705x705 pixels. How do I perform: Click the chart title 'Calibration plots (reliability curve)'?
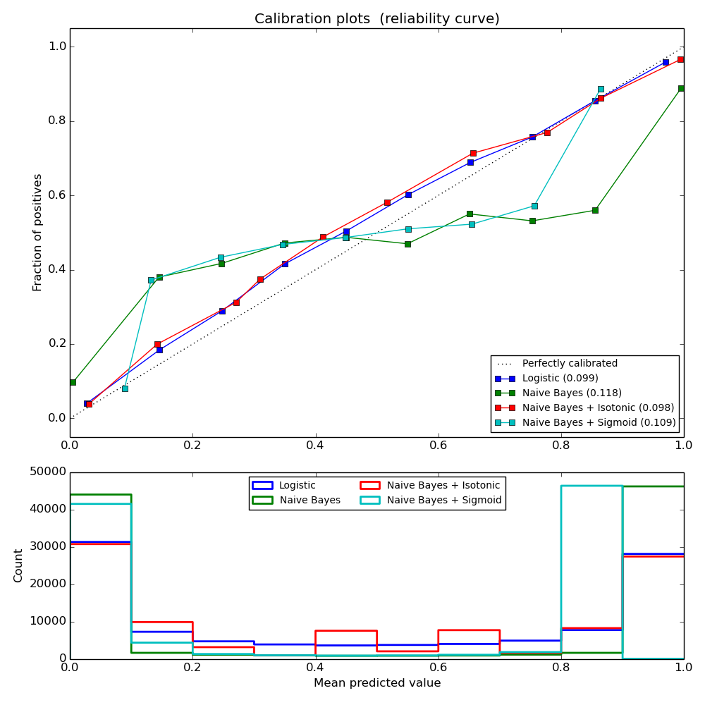376,19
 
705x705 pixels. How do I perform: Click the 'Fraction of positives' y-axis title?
37,232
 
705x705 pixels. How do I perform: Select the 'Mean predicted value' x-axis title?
376,683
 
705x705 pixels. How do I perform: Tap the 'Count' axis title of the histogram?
18,565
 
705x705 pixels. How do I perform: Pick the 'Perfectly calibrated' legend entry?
569,364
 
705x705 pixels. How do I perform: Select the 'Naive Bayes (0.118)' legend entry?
571,393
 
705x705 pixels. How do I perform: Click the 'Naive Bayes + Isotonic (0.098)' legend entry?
598,407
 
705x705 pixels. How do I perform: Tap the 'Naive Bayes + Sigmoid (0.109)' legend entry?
599,423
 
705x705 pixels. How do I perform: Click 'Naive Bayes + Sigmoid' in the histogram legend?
444,501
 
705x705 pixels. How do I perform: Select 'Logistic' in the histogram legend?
297,485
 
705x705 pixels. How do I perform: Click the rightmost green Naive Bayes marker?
681,89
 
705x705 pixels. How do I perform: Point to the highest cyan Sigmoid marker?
601,90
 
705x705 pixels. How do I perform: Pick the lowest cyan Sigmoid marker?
125,388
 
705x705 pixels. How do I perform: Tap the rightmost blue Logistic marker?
666,62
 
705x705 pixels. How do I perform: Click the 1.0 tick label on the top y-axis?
56,47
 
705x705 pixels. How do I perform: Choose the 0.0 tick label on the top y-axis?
56,418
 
